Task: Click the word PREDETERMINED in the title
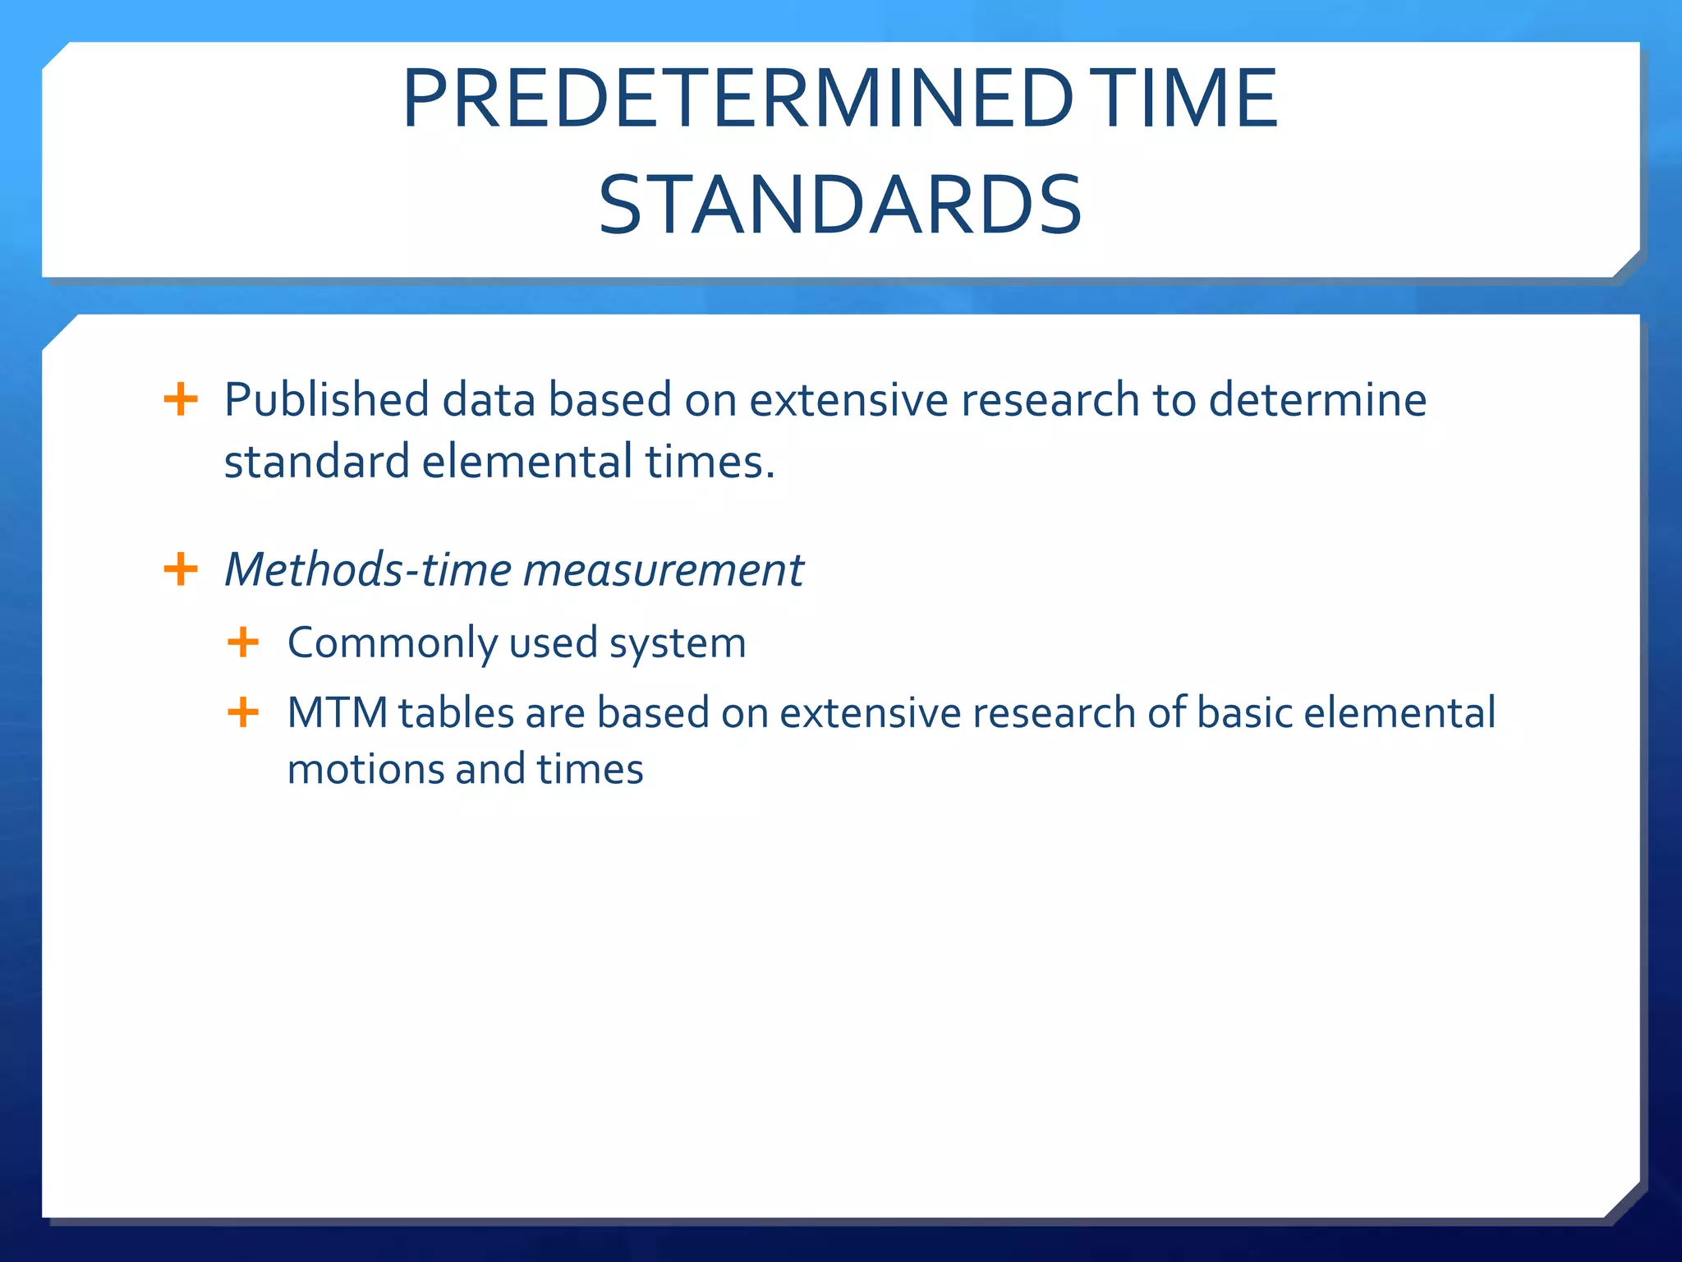click(x=737, y=99)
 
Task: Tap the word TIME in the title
click(x=1188, y=99)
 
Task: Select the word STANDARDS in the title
click(x=840, y=205)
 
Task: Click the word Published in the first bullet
click(x=326, y=401)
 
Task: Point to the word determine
click(x=1317, y=401)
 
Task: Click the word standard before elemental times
click(x=316, y=462)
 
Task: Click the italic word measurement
click(x=664, y=569)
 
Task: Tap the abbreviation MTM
click(x=337, y=712)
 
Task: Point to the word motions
click(x=365, y=770)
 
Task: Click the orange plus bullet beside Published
click(x=181, y=400)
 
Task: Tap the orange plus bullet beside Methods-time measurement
click(x=181, y=569)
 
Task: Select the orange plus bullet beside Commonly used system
click(x=243, y=642)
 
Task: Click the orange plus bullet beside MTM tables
click(x=243, y=712)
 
